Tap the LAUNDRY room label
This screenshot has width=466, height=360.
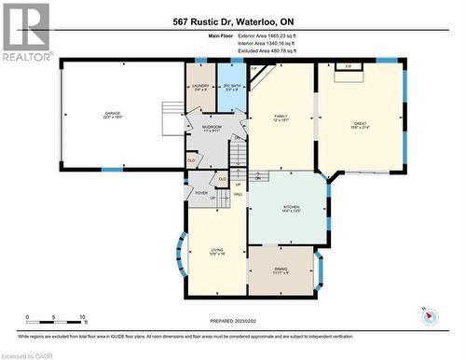(200, 87)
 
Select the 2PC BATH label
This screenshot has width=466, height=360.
(230, 87)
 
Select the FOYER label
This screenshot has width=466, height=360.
(200, 193)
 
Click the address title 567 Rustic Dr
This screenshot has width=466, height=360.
(232, 21)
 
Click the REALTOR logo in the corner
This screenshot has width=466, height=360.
(25, 32)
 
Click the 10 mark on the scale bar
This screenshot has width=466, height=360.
(83, 318)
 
